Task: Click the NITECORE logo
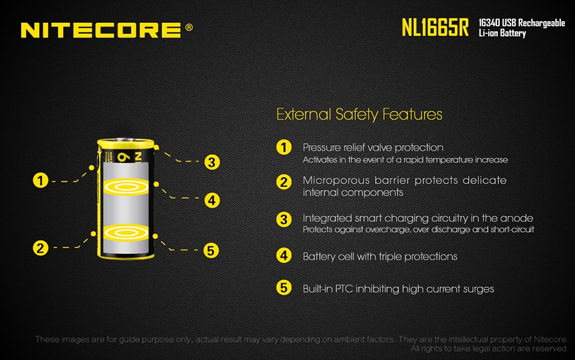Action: [x=101, y=30]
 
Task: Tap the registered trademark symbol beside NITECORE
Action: [x=189, y=27]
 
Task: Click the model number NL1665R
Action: [x=435, y=27]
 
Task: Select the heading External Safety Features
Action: [x=359, y=114]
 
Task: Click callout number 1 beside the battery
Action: [x=40, y=180]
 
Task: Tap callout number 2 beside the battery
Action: [x=40, y=248]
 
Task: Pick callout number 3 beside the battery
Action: [x=212, y=162]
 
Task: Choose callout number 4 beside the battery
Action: [x=212, y=200]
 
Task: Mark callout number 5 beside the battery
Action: [x=211, y=251]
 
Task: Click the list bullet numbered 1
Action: [x=284, y=148]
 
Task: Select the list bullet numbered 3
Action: [x=284, y=219]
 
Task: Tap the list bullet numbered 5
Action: [x=284, y=288]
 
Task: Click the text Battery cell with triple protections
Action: [x=380, y=256]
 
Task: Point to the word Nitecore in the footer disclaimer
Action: [x=551, y=339]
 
